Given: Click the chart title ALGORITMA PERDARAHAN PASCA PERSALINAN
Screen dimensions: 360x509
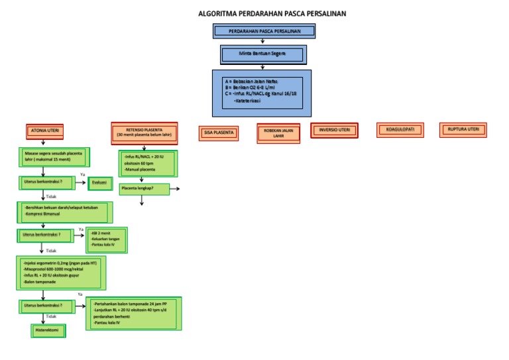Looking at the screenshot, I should (x=272, y=14).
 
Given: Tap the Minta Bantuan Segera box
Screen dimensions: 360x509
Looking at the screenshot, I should (x=263, y=54).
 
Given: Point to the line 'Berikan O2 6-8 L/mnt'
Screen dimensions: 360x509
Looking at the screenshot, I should (x=251, y=88).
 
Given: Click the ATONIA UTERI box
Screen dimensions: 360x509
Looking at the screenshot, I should (x=45, y=131).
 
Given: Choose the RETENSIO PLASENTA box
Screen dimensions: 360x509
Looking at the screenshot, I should (x=144, y=132).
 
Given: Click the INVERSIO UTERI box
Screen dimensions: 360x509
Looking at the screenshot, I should (x=334, y=130).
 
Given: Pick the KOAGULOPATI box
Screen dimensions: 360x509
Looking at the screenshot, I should (x=400, y=130).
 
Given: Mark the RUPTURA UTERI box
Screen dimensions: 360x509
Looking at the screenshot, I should (x=463, y=129).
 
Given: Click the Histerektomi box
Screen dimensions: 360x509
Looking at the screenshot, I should (x=47, y=330).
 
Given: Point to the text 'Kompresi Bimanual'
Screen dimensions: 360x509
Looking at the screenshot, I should (x=42, y=215).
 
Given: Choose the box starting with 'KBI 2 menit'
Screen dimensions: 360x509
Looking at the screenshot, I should (x=107, y=239).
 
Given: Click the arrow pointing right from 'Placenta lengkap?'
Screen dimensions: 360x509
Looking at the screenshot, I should (x=174, y=190).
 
